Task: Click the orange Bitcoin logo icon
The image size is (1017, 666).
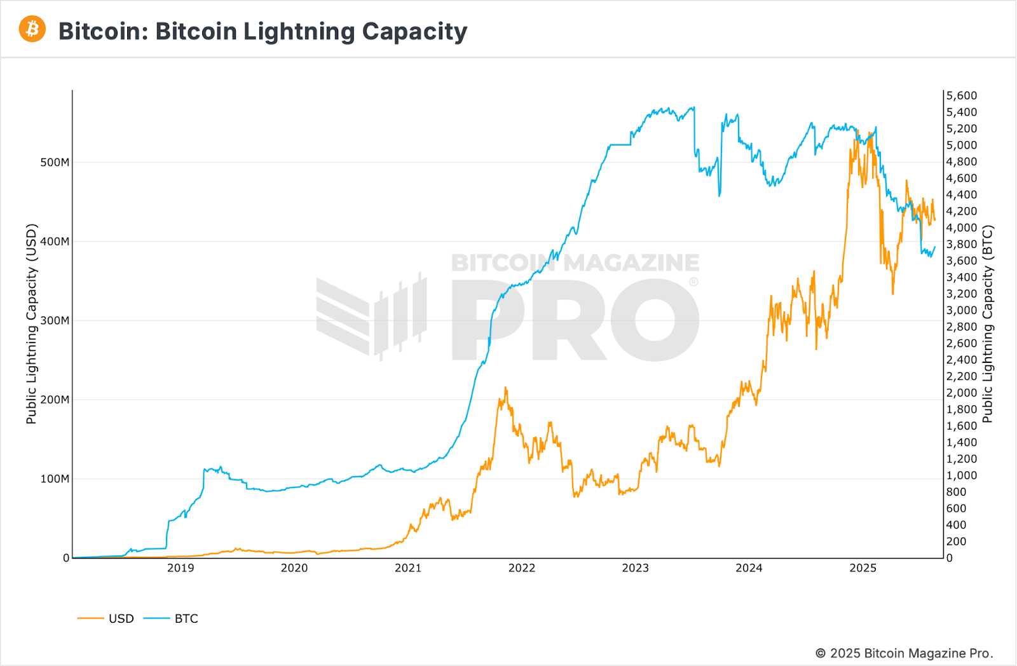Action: click(32, 29)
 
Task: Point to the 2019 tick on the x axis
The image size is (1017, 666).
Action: click(181, 568)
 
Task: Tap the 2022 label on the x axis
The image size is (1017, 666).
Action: click(522, 568)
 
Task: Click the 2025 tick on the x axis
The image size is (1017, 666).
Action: click(863, 568)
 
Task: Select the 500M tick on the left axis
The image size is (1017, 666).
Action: click(55, 163)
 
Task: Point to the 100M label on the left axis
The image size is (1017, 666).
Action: click(55, 479)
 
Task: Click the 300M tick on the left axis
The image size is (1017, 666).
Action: click(55, 321)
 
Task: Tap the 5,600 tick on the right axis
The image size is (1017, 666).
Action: click(962, 96)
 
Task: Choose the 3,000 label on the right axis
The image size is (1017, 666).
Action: click(962, 311)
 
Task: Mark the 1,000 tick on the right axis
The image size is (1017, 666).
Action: click(962, 476)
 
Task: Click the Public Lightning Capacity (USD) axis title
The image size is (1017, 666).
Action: click(32, 323)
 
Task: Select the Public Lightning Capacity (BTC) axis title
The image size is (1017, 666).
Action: click(987, 324)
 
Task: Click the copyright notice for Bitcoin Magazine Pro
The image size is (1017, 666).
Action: click(904, 653)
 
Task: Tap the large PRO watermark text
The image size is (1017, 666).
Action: click(575, 321)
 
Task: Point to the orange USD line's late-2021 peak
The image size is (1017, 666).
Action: click(506, 388)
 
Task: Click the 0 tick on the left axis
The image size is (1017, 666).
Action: click(66, 558)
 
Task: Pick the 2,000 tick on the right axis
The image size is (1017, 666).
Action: click(962, 393)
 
